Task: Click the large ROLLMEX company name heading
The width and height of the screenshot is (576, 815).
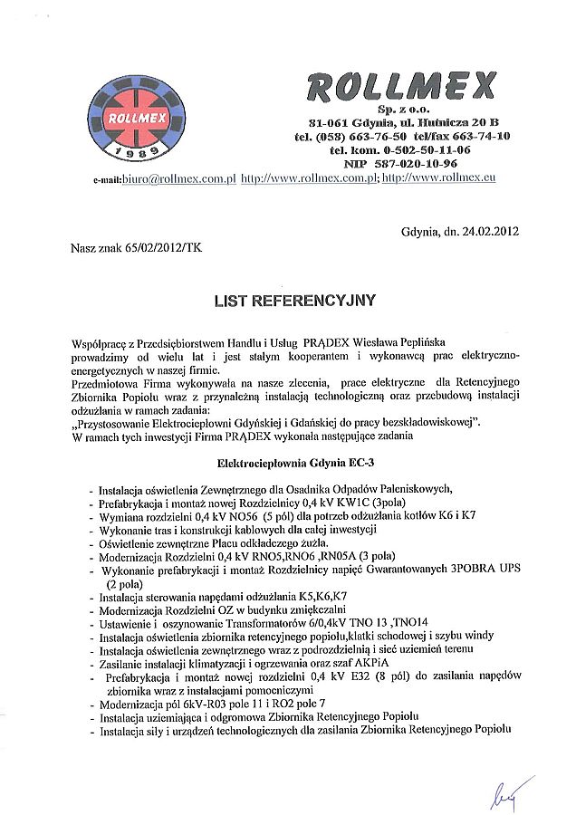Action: pos(402,88)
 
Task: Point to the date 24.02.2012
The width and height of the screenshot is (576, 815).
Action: pos(491,231)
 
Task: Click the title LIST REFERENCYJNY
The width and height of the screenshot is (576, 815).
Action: pos(294,299)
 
